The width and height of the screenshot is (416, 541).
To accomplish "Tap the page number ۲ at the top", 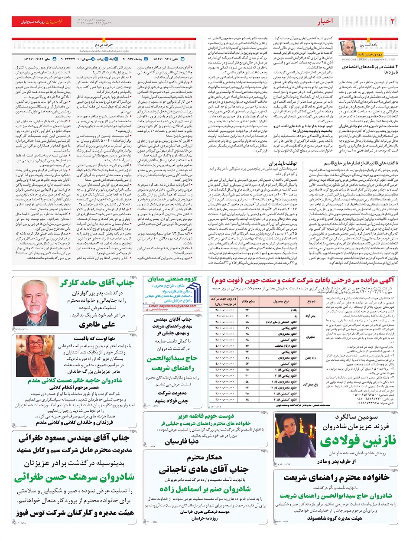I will pos(393,22).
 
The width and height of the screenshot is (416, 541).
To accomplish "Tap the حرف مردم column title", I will pos(104,44).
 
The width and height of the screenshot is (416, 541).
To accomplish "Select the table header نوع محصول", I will pos(281,301).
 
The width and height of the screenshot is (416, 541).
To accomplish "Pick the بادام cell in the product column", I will pos(293,310).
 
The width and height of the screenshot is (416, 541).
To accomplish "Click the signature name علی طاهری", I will pos(97,325).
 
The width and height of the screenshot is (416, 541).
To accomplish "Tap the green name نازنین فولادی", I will pos(358,440).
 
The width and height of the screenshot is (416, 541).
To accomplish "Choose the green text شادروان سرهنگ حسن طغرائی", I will pos(74,477).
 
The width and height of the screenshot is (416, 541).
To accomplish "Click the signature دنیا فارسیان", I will pos(182,441).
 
